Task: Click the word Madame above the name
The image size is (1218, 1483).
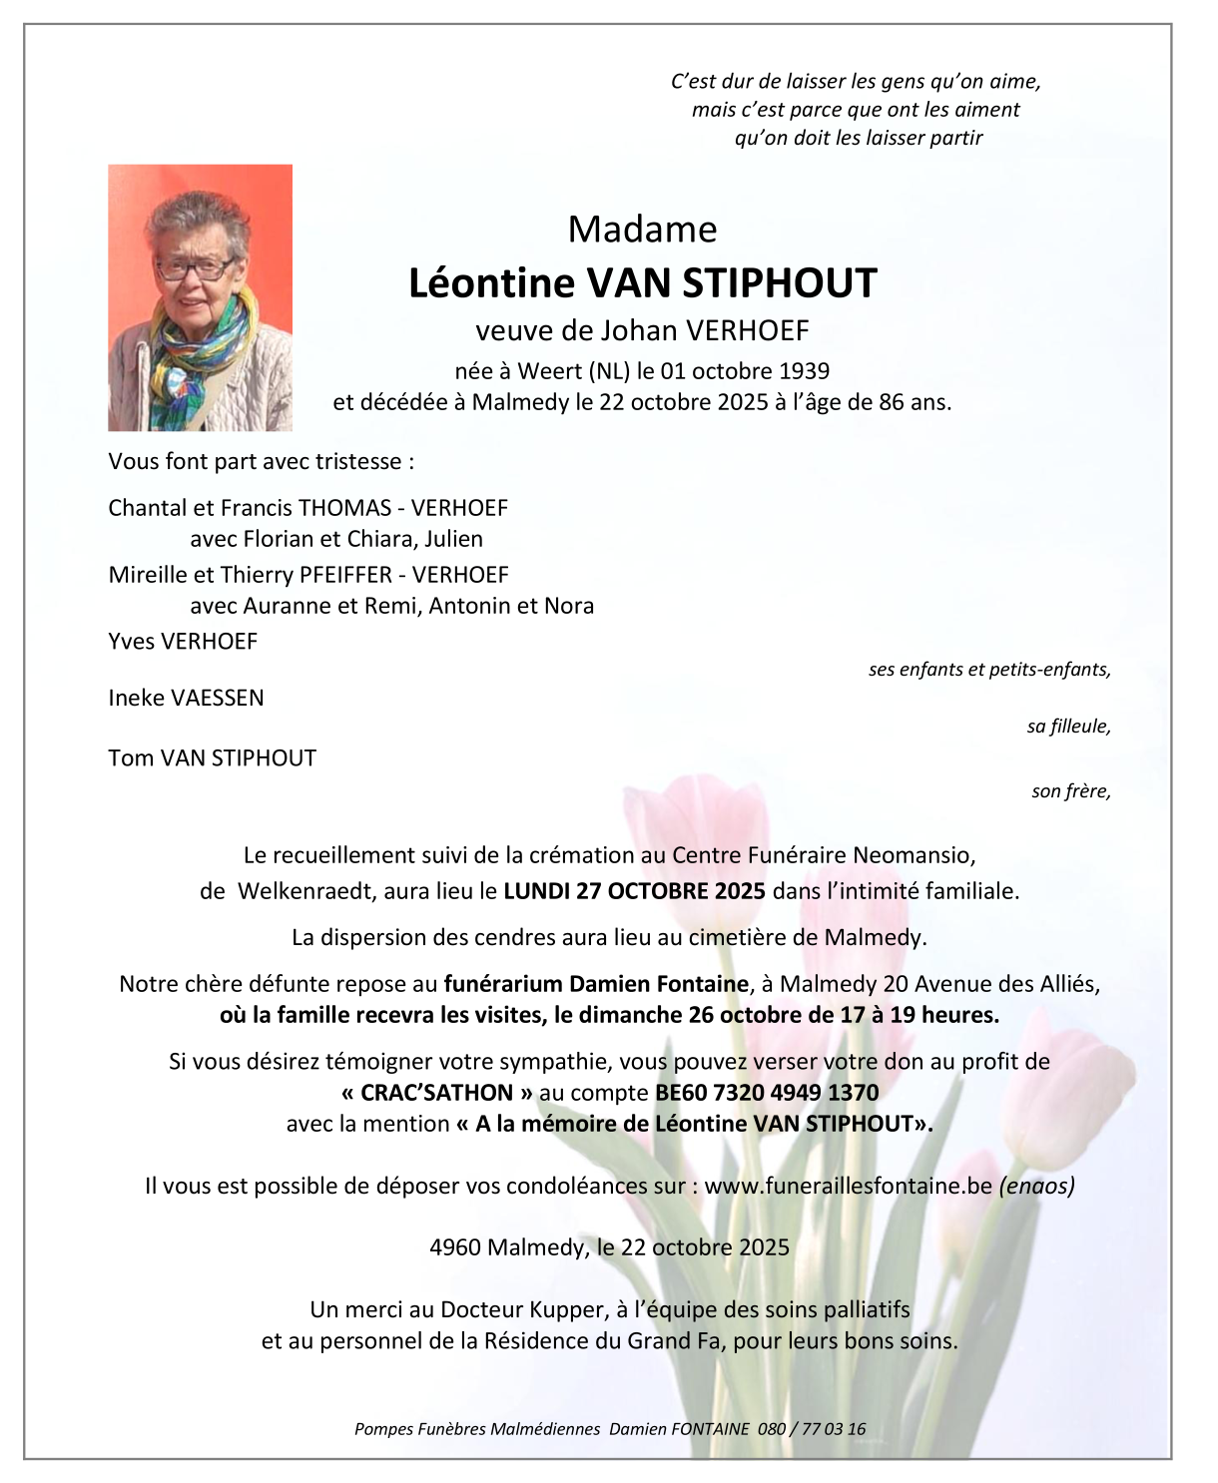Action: point(642,230)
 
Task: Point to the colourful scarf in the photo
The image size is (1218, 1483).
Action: point(205,344)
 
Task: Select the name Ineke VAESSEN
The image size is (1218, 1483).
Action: point(186,699)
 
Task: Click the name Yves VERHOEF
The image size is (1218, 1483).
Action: point(183,642)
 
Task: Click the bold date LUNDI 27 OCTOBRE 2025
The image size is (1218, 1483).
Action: point(634,891)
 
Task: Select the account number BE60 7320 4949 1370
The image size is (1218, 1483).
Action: point(767,1093)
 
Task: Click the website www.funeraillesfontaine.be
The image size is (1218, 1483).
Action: point(848,1186)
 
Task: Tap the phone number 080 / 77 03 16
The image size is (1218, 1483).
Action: point(812,1429)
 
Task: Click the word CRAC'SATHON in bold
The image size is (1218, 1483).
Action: point(436,1093)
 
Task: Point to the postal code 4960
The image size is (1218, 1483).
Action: point(454,1247)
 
